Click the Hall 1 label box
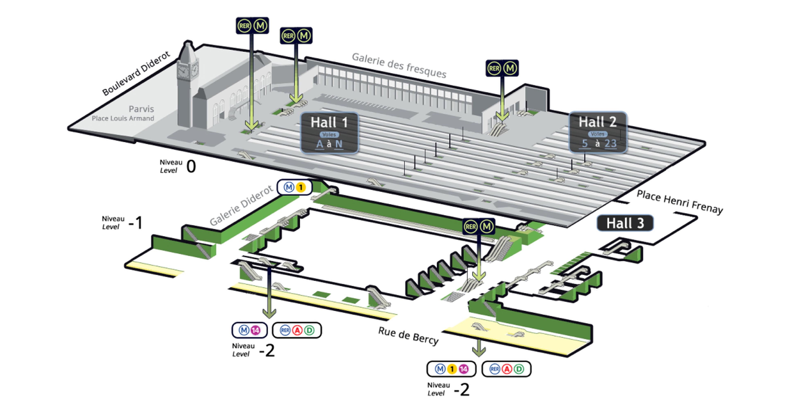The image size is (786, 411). click(329, 133)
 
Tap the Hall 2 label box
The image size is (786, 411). click(598, 132)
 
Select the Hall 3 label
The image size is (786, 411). click(625, 223)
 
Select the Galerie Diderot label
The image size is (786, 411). click(241, 205)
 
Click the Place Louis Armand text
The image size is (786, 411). click(123, 118)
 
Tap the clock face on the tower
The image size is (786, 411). click(182, 72)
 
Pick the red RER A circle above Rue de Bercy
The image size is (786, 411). click(297, 330)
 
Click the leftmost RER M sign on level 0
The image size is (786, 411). click(252, 26)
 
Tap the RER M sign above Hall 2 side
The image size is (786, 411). click(502, 68)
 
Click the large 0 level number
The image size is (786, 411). click(191, 166)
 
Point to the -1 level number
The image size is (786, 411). click(136, 223)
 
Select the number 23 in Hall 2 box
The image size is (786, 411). click(611, 143)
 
